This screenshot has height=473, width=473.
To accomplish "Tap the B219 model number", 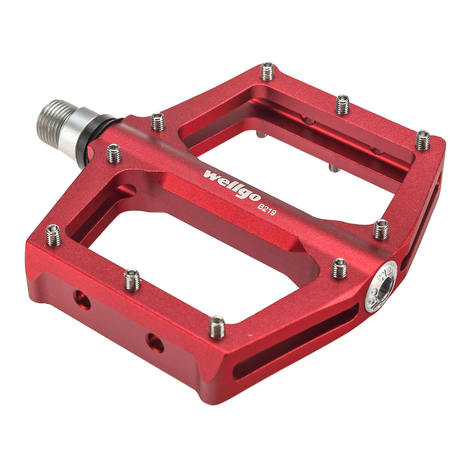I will coord(267,209).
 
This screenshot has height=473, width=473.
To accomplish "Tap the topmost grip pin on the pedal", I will coord(267,71).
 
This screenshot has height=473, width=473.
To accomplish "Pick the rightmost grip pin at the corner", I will coord(423,140).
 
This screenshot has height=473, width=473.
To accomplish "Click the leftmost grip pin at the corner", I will coord(53,235).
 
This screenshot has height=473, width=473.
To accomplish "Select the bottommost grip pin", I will coord(217,327).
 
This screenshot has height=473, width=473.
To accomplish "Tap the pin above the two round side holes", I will coord(132,279).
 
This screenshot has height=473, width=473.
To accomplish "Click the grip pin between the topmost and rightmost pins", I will coord(342,104).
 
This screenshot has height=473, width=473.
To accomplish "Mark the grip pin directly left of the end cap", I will coord(339,268).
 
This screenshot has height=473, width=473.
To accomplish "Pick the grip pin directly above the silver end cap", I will coord(381,229).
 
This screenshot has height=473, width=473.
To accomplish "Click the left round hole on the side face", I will coord(82,300).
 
